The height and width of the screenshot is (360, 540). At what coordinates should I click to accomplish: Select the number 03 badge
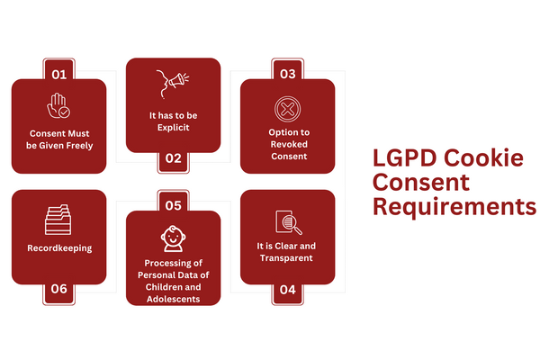click(x=287, y=72)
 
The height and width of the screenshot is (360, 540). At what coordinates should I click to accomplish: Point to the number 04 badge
click(x=287, y=289)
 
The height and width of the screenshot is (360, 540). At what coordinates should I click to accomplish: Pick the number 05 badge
click(x=174, y=203)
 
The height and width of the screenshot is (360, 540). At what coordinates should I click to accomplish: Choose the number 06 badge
click(x=59, y=289)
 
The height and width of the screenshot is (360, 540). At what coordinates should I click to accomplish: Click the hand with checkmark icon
click(x=59, y=106)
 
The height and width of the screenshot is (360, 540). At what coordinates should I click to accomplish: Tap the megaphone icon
click(x=174, y=82)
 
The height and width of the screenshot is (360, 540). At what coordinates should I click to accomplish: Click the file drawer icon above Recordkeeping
click(x=59, y=219)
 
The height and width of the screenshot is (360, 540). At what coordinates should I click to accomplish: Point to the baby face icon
click(x=174, y=238)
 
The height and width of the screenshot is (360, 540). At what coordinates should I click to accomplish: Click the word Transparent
click(x=287, y=258)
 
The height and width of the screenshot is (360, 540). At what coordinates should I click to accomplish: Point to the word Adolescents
click(x=174, y=300)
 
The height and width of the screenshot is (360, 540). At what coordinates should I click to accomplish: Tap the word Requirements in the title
click(x=454, y=208)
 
